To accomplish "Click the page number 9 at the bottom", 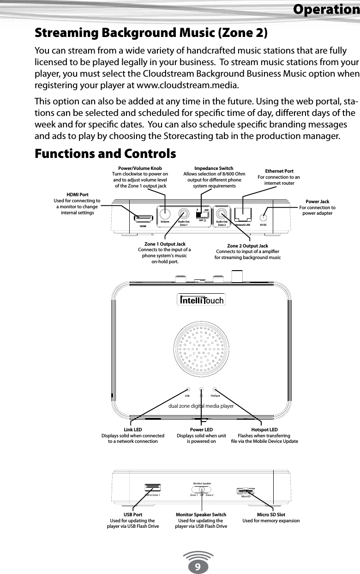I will [x=197, y=566].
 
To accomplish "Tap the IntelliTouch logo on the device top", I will [x=201, y=301].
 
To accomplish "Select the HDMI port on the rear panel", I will [x=144, y=217].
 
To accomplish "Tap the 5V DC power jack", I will [x=264, y=217].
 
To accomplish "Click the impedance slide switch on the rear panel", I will [x=203, y=216].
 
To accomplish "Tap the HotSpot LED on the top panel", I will [x=215, y=390].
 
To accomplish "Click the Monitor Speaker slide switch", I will [x=202, y=489].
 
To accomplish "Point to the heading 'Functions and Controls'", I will [x=105, y=153].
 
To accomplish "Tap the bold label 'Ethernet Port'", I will [x=279, y=171].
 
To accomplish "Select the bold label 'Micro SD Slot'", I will [x=271, y=514].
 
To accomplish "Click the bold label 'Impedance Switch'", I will [x=214, y=168].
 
